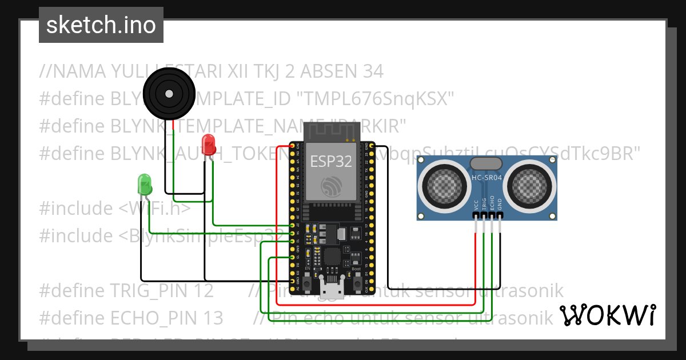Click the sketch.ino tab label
pos(101,25)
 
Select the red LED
pos(209,145)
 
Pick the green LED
pos(145,184)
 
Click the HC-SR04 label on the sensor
pos(486,178)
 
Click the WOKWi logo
pos(607,315)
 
